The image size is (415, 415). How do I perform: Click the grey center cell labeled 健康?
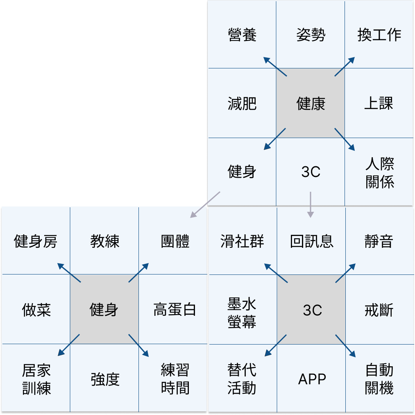(x=311, y=103)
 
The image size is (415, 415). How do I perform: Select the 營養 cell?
(x=242, y=35)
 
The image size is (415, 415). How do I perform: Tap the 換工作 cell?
(x=379, y=35)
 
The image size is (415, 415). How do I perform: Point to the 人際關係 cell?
(x=379, y=172)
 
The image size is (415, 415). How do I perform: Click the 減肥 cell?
(x=242, y=103)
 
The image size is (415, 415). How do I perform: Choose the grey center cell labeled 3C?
(x=312, y=310)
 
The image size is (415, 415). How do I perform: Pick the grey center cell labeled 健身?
(x=104, y=309)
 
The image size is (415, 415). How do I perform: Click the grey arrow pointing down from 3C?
(x=311, y=204)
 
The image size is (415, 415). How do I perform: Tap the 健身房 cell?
(x=36, y=241)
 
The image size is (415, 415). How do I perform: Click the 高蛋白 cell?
(x=174, y=309)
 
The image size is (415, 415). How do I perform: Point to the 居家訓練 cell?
(x=36, y=379)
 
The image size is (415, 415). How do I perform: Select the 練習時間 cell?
(x=174, y=379)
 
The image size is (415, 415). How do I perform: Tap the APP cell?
(x=312, y=379)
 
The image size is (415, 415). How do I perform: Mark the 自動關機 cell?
(x=379, y=379)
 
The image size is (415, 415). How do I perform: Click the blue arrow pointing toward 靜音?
(x=345, y=273)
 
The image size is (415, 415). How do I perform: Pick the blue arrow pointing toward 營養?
(x=275, y=66)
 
